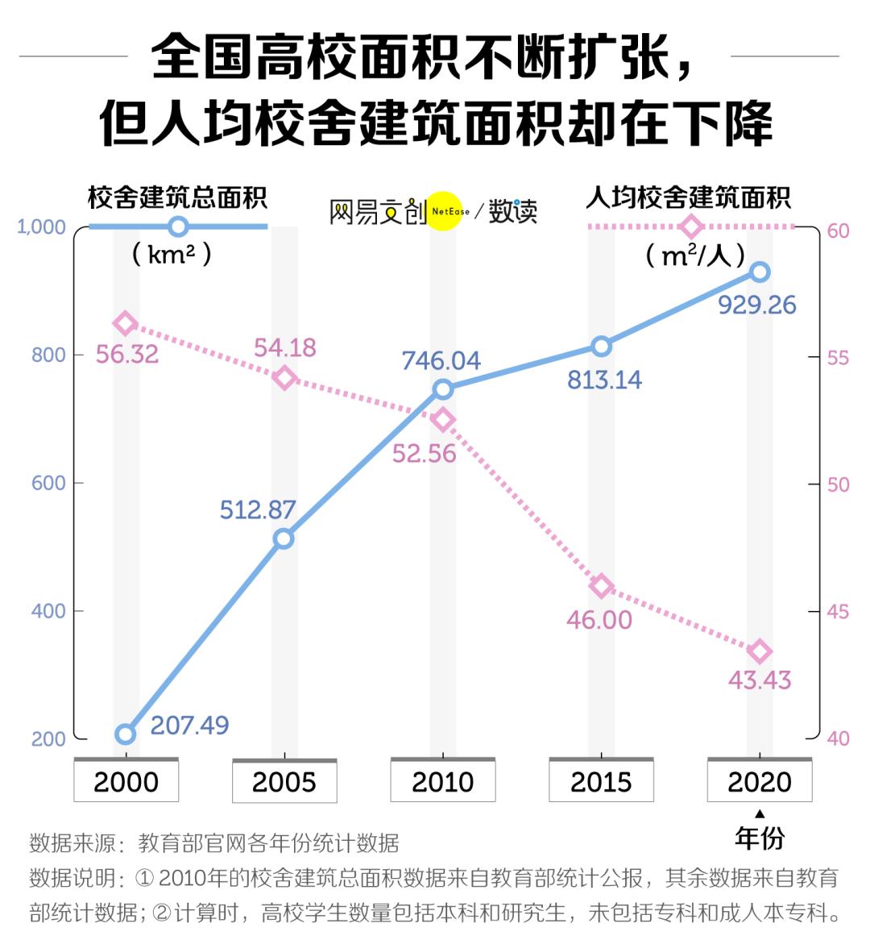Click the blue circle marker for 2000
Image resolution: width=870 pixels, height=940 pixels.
(125, 734)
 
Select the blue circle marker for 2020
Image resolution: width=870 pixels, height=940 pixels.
(760, 272)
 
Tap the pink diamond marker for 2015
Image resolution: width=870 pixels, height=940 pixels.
(601, 586)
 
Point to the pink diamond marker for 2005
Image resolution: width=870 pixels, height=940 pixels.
(284, 377)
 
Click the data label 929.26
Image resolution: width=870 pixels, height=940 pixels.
(756, 305)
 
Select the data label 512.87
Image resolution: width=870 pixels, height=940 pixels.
(258, 510)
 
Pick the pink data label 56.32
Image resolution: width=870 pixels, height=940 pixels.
(127, 354)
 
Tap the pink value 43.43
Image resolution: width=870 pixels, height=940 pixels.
(760, 680)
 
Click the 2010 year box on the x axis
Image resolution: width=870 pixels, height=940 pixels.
(442, 781)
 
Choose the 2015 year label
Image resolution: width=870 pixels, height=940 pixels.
(601, 781)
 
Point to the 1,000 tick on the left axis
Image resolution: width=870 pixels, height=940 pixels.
(41, 227)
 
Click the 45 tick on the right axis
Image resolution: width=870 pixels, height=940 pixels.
(838, 612)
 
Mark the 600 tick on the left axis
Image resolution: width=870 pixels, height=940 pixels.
(48, 483)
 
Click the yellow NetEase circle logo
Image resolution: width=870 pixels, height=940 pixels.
(446, 211)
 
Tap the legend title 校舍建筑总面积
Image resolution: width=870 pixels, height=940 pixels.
(177, 198)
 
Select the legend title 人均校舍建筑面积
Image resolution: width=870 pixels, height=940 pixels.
(689, 198)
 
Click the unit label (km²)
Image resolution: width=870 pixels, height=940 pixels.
(172, 255)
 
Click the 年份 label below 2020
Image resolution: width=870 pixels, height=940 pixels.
(759, 838)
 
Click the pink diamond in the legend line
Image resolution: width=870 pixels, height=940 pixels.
(691, 227)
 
